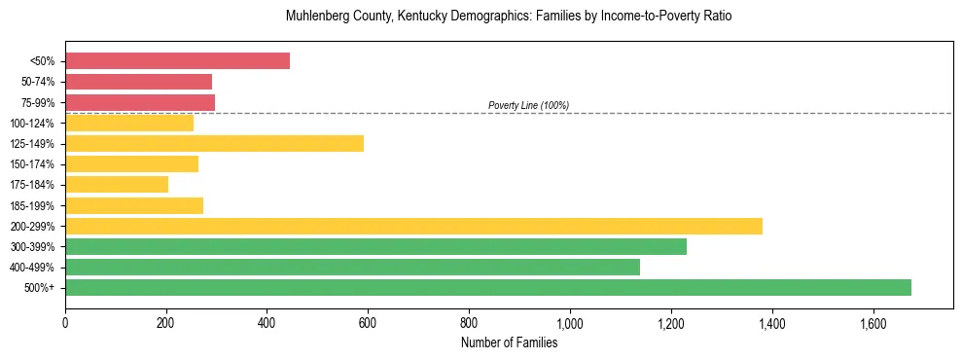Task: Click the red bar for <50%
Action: [x=177, y=61]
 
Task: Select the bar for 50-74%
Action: [x=138, y=82]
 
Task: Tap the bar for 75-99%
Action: [x=140, y=102]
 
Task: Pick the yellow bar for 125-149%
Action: [x=214, y=144]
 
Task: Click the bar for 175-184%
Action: [x=117, y=185]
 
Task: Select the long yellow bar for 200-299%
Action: [x=413, y=226]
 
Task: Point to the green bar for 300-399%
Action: [x=375, y=247]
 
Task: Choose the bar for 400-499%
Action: [x=352, y=268]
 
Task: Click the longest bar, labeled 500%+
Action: [x=488, y=288]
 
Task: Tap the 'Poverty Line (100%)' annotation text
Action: [x=528, y=105]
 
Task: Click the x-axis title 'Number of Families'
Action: [x=509, y=342]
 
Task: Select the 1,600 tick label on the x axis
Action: [x=873, y=323]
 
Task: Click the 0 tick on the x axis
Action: [x=65, y=323]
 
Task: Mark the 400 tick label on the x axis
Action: [x=267, y=323]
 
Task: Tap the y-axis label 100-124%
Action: [x=32, y=124]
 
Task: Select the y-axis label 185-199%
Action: [x=32, y=206]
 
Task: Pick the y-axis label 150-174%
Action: [x=32, y=164]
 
